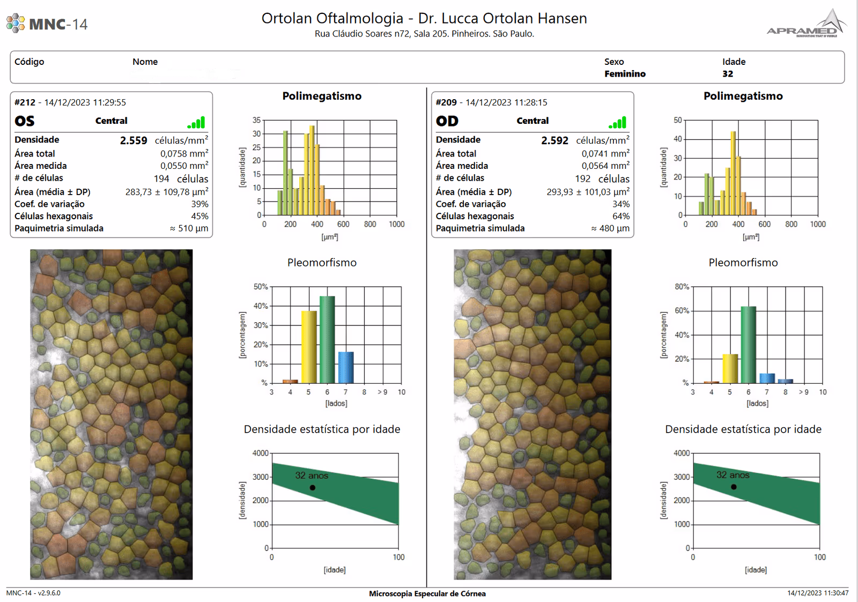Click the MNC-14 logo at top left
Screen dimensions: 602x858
(47, 24)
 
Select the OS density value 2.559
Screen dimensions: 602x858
(134, 140)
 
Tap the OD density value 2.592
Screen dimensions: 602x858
(554, 140)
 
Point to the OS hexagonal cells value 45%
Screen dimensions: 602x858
(199, 216)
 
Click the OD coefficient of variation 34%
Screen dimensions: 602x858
(621, 204)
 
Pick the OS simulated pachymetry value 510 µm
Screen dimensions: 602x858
(189, 228)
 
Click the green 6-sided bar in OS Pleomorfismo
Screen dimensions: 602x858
(327, 339)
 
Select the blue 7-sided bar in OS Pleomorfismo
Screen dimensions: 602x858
(346, 367)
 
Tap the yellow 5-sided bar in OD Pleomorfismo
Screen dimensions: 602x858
(730, 368)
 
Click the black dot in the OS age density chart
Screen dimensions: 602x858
(313, 488)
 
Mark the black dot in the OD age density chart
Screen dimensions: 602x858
(734, 487)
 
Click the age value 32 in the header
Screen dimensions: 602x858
(728, 74)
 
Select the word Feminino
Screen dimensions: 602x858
(625, 74)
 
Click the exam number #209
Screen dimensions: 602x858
(446, 102)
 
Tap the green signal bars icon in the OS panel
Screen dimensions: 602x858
(196, 123)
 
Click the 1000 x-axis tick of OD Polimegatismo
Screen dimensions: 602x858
(818, 224)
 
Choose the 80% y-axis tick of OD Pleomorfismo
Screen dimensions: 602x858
(682, 287)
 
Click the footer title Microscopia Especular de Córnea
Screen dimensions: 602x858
(427, 593)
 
